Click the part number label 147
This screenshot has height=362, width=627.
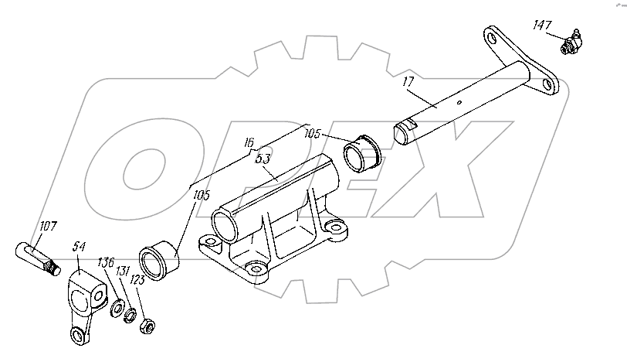click(542, 26)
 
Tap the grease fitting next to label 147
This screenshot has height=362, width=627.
click(571, 43)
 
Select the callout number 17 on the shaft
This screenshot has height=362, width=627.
click(408, 82)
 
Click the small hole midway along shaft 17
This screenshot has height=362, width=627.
click(459, 103)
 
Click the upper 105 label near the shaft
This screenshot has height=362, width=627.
click(312, 133)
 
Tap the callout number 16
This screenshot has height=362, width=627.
click(249, 142)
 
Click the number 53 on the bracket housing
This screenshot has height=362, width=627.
click(263, 159)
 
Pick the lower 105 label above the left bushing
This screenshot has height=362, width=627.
click(202, 195)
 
